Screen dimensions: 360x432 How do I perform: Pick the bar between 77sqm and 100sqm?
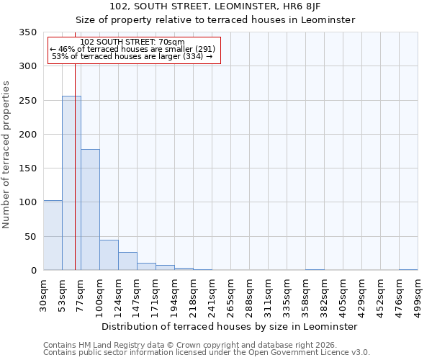[x=90, y=210]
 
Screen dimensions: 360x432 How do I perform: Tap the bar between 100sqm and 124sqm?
[x=109, y=255]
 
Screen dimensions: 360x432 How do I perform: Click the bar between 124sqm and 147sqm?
[x=127, y=261]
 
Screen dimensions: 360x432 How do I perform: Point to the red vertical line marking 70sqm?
[x=75, y=158]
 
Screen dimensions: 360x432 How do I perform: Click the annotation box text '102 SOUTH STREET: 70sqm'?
[x=132, y=42]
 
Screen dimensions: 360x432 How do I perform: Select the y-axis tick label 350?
[x=28, y=32]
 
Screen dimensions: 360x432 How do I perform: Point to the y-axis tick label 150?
[x=28, y=168]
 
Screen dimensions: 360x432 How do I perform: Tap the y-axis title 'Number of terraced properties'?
[x=7, y=154]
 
